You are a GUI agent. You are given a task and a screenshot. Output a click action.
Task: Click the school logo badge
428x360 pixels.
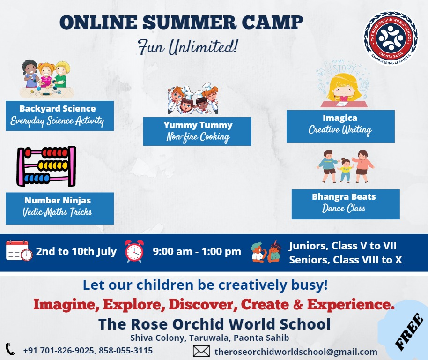pyautogui.click(x=391, y=37)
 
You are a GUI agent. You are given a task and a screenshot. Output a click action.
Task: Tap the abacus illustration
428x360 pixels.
pyautogui.click(x=46, y=166)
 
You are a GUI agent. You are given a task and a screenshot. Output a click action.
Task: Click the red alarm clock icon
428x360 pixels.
pyautogui.click(x=134, y=251)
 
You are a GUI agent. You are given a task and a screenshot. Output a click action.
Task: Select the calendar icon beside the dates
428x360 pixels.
pyautogui.click(x=19, y=250)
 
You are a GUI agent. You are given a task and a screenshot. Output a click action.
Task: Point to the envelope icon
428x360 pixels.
pyautogui.click(x=201, y=351)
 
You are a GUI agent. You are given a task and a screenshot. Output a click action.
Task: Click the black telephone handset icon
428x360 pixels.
pyautogui.click(x=10, y=349)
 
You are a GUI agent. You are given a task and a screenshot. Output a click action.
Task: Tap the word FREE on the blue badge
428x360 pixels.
pyautogui.click(x=409, y=331)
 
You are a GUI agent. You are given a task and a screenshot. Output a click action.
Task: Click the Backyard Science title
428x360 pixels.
pyautogui.click(x=58, y=109)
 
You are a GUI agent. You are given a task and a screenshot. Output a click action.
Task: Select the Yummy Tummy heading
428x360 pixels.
pyautogui.click(x=198, y=125)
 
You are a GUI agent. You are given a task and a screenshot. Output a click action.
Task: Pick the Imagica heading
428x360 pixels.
pyautogui.click(x=340, y=118)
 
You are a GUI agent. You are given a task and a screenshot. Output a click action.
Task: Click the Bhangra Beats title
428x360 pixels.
pyautogui.click(x=344, y=197)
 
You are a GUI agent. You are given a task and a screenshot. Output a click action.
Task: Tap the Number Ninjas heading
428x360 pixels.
pyautogui.click(x=58, y=201)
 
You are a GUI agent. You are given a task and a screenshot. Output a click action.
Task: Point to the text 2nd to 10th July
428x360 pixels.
pyautogui.click(x=76, y=251)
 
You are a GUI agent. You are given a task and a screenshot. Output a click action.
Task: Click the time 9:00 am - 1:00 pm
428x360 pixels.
pyautogui.click(x=197, y=251)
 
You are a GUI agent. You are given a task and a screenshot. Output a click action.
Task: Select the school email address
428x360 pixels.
pyautogui.click(x=296, y=352)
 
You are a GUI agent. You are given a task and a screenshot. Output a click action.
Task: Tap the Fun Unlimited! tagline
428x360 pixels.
pyautogui.click(x=188, y=47)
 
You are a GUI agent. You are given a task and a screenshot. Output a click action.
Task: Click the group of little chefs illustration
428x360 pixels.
pyautogui.click(x=193, y=99)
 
